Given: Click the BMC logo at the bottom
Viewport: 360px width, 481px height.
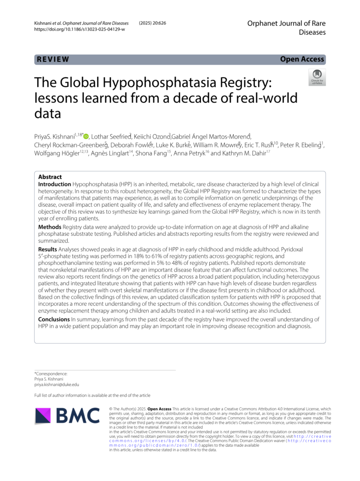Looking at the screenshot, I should click(x=68, y=415).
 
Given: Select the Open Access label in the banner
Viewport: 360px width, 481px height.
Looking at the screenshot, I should click(x=302, y=59).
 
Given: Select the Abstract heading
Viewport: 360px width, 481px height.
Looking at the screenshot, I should click(x=50, y=177).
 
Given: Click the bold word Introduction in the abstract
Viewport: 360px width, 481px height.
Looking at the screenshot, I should click(x=54, y=184).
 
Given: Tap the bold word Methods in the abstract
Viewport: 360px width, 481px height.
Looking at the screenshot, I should click(x=49, y=227).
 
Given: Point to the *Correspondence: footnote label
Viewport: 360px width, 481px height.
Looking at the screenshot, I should click(x=51, y=373).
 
